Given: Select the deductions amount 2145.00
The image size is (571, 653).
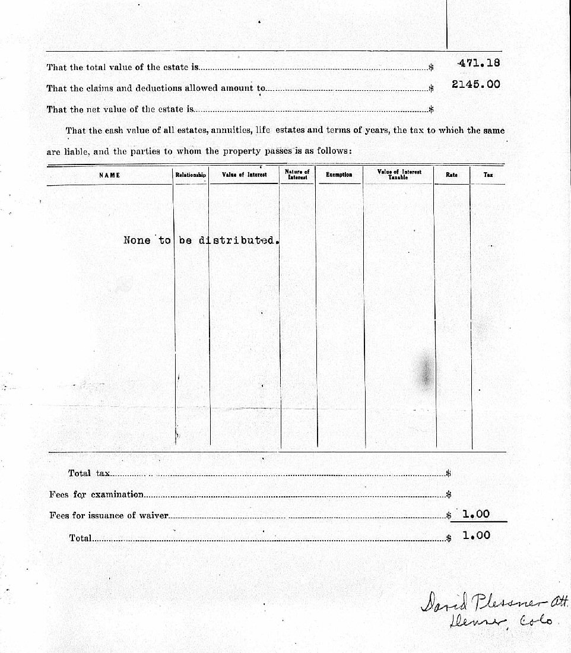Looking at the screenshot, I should pyautogui.click(x=475, y=84).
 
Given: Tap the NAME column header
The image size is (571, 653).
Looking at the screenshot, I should pyautogui.click(x=109, y=175).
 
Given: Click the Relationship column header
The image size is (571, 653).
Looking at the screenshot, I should pyautogui.click(x=191, y=175).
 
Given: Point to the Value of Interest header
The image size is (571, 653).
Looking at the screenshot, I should pyautogui.click(x=244, y=175).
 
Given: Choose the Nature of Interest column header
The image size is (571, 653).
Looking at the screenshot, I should pyautogui.click(x=297, y=175).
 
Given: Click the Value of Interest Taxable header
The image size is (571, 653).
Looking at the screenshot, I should pyautogui.click(x=399, y=174).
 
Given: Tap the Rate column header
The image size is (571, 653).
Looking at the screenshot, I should pyautogui.click(x=451, y=175).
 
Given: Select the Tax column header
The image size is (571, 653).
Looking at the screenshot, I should pyautogui.click(x=488, y=175).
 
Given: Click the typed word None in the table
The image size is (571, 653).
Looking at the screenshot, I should pyautogui.click(x=137, y=240).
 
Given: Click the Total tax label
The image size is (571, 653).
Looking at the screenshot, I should pyautogui.click(x=88, y=474).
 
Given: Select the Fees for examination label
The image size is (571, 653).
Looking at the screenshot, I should pyautogui.click(x=96, y=494).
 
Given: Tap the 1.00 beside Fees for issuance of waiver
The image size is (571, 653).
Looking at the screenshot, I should pyautogui.click(x=476, y=515).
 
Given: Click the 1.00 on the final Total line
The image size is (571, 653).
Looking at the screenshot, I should pyautogui.click(x=476, y=535).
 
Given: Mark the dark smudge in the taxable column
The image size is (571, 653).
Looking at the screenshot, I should pyautogui.click(x=425, y=371).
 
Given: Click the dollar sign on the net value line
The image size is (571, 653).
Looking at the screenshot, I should pyautogui.click(x=432, y=109).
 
